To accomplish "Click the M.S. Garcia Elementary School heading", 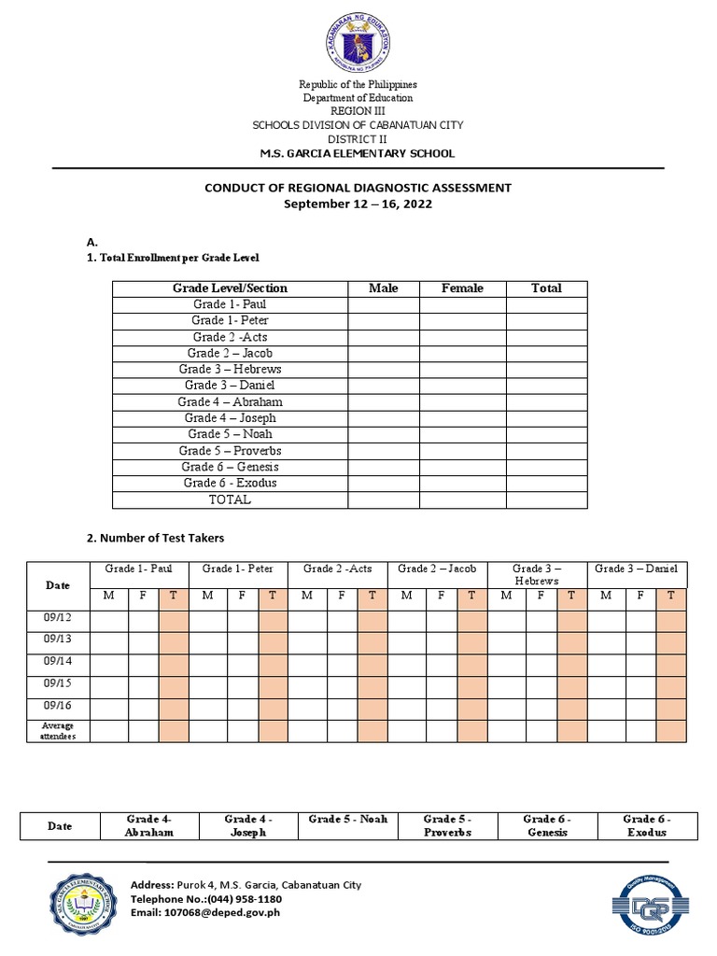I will point(358,153).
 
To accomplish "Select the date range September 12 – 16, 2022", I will point(358,204).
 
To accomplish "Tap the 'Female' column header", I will point(462,288).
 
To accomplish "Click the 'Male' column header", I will point(383,288).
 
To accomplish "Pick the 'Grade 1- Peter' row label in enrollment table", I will point(230,320).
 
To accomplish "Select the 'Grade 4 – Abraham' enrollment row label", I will point(230,401).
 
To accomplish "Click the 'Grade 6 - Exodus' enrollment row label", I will point(230,483).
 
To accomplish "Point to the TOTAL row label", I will point(230,499).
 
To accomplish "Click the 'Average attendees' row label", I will point(58,730).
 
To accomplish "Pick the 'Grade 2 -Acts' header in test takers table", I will point(337,569).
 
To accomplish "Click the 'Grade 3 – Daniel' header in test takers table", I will point(637,569).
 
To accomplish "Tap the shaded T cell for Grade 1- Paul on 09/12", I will point(174,619).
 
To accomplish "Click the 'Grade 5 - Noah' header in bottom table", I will point(347,820).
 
